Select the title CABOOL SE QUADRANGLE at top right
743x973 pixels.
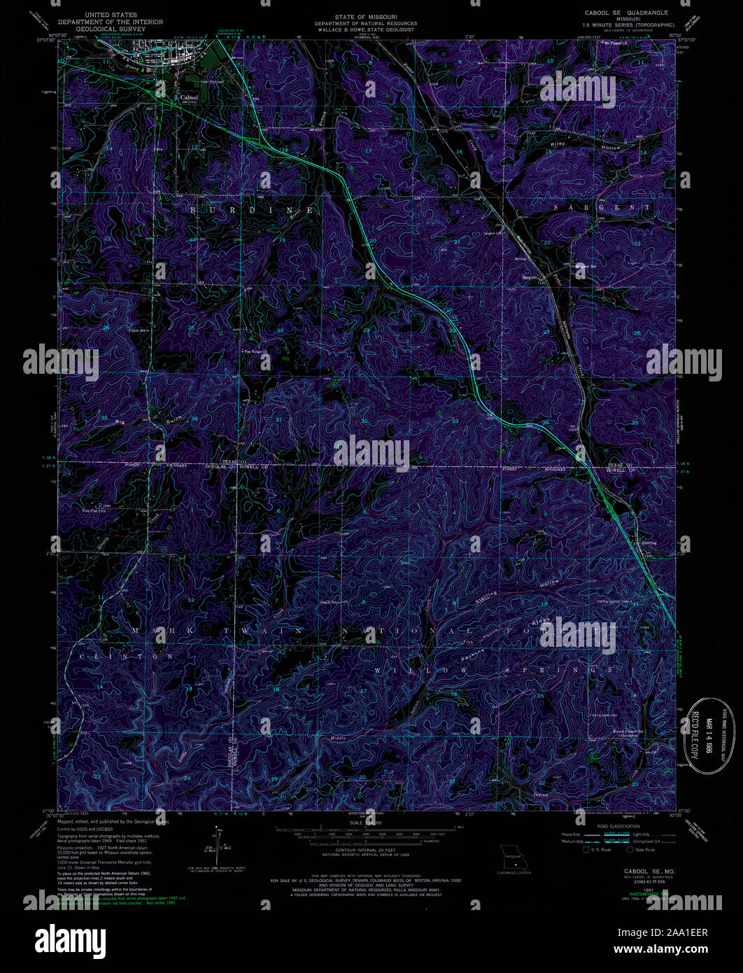621,13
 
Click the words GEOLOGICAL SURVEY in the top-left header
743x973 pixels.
111,30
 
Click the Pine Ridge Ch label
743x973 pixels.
256,351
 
